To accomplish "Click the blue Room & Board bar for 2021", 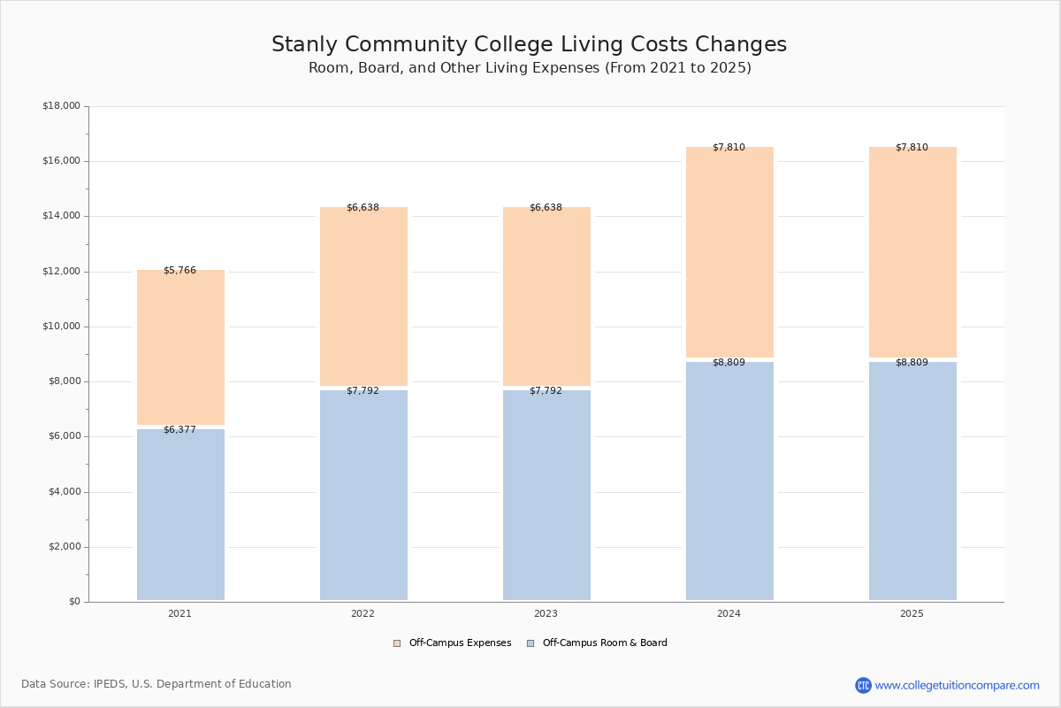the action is [x=180, y=514].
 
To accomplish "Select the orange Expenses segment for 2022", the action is [x=363, y=296].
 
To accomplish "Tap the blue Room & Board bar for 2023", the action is [x=546, y=495].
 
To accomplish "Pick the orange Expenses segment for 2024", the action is [x=730, y=252].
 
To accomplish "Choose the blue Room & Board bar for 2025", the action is [x=912, y=481].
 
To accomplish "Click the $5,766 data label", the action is [x=179, y=270].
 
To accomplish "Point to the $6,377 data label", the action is [x=179, y=429].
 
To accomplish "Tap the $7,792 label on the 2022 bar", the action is [x=363, y=391].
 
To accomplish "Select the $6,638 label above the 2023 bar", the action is [x=546, y=208].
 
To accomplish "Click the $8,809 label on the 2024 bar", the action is [x=729, y=362].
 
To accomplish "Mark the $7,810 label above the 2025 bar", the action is [x=912, y=148].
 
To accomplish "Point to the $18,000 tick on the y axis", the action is [x=62, y=105].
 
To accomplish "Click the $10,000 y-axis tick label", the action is [x=62, y=327].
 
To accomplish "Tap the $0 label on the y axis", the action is [x=75, y=602].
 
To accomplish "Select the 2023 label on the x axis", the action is [x=546, y=613].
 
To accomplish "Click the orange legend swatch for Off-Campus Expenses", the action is [x=397, y=643].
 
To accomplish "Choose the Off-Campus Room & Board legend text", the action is [x=605, y=643].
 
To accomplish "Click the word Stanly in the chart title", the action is [x=304, y=44].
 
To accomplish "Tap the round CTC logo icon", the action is [x=863, y=685].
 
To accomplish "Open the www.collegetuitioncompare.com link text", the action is [x=958, y=686].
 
